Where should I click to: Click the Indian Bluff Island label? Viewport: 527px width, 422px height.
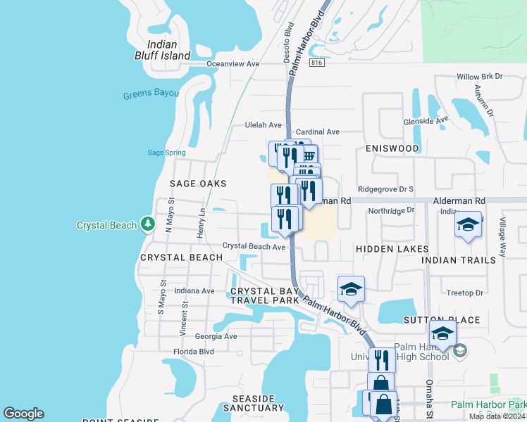[163, 49]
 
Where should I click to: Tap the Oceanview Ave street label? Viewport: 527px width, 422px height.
[233, 63]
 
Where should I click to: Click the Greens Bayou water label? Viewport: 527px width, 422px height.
[148, 95]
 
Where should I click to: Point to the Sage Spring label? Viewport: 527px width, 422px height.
[166, 153]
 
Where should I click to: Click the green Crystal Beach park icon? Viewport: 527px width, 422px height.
[147, 224]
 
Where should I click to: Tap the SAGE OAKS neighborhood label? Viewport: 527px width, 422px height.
[198, 184]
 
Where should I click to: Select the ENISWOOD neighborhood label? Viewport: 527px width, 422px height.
[392, 148]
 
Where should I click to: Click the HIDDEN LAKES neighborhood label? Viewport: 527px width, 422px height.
[392, 249]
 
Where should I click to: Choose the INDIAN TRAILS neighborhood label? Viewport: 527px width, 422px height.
[454, 260]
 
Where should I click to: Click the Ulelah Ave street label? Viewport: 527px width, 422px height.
[263, 125]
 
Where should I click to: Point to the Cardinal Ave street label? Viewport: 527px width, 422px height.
[318, 132]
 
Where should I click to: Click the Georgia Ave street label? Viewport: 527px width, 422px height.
[216, 336]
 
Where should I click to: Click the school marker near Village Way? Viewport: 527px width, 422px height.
[468, 225]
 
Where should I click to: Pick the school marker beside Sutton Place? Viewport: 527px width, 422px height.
[442, 335]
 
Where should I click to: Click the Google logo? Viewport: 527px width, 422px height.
[23, 414]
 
